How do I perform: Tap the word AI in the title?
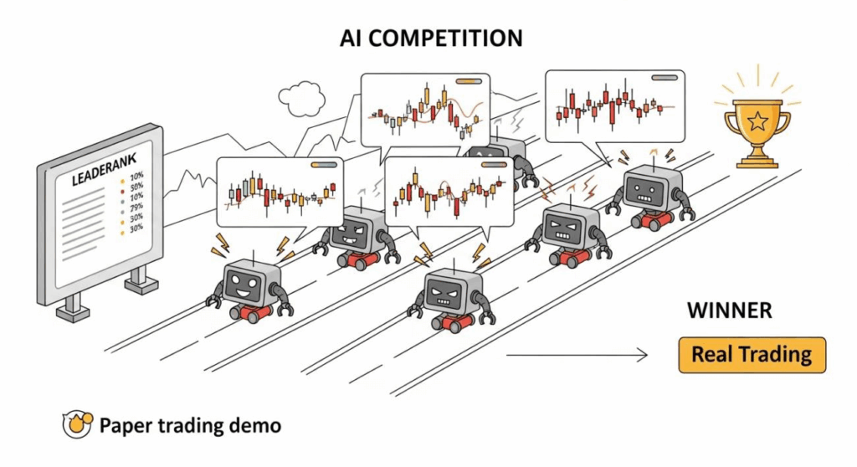click(354, 38)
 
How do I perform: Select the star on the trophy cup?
click(757, 122)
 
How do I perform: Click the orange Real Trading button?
click(752, 354)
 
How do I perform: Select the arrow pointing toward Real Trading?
click(577, 355)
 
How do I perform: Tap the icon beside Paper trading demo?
click(77, 425)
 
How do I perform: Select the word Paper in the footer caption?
click(126, 425)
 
